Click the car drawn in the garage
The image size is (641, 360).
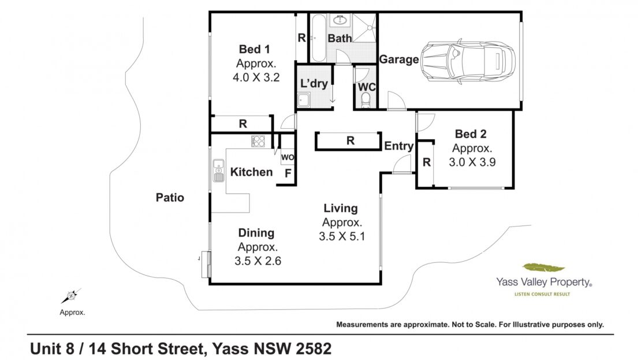click(468, 61)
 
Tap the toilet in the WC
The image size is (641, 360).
click(366, 100)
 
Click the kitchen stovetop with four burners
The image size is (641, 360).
click(258, 141)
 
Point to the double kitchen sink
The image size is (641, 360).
click(218, 170)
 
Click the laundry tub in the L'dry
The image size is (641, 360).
click(303, 100)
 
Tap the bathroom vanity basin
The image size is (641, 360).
click(340, 20)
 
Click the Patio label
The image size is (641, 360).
click(170, 198)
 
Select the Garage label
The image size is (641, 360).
click(398, 60)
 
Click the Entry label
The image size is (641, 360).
click(398, 146)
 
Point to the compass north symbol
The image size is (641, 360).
click(71, 295)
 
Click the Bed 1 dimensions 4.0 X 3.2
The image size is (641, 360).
click(256, 77)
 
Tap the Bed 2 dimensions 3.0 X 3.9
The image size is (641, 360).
click(472, 162)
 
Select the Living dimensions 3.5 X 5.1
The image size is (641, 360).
click(342, 236)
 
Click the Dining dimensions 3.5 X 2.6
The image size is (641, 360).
click(258, 261)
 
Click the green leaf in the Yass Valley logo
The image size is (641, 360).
click(544, 268)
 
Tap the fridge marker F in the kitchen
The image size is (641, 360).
click(288, 173)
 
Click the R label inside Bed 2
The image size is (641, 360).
click(426, 162)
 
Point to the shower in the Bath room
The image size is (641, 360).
click(364, 28)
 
